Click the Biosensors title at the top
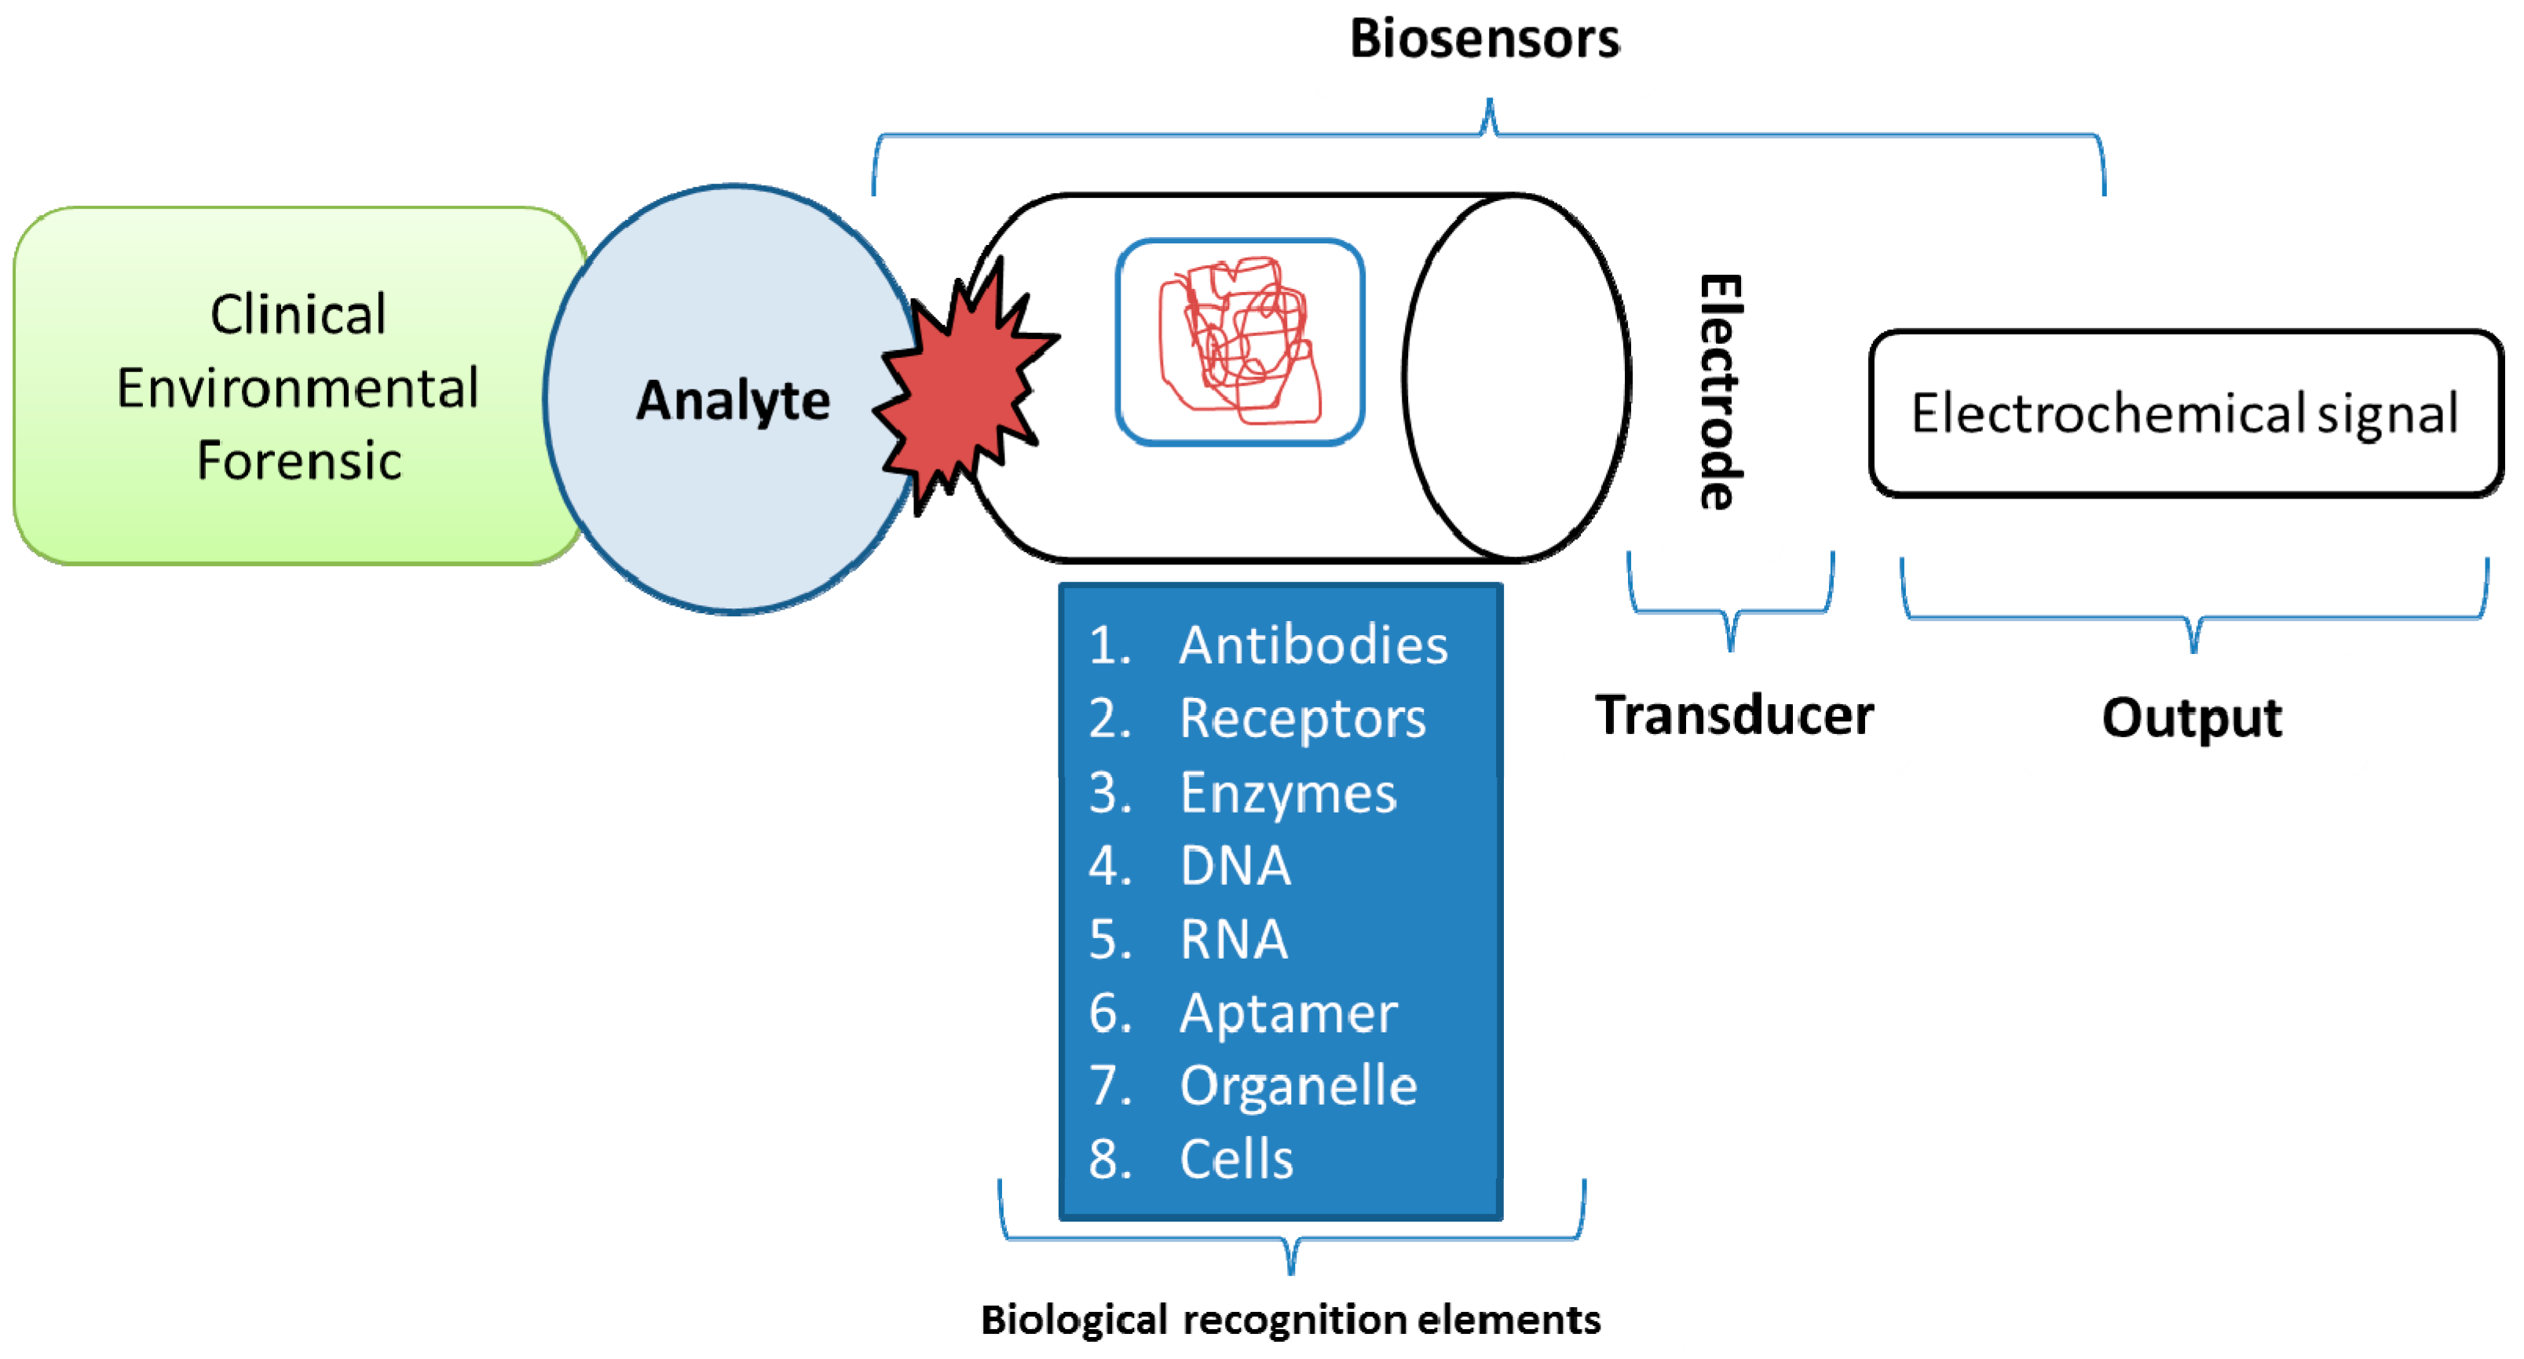point(1483,39)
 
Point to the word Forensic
point(299,461)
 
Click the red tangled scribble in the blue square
point(1239,341)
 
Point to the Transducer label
point(1734,714)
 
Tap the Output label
point(2192,718)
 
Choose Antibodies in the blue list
point(1313,645)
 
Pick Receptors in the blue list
point(1302,719)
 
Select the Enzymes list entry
point(1287,793)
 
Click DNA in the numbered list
point(1235,866)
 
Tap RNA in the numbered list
point(1234,940)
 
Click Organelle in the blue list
point(1298,1086)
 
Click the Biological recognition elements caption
point(1290,1320)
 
